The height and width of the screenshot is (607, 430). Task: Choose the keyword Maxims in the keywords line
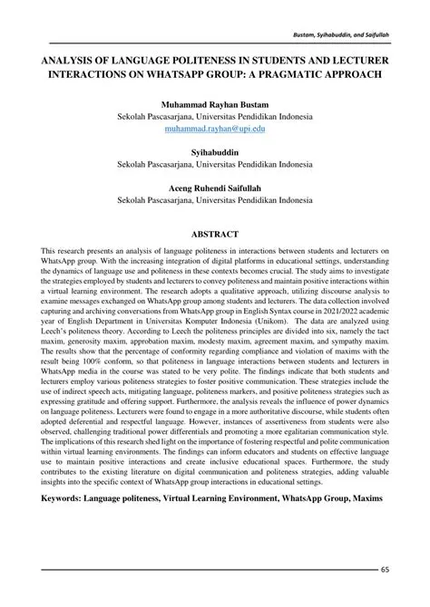click(x=366, y=499)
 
